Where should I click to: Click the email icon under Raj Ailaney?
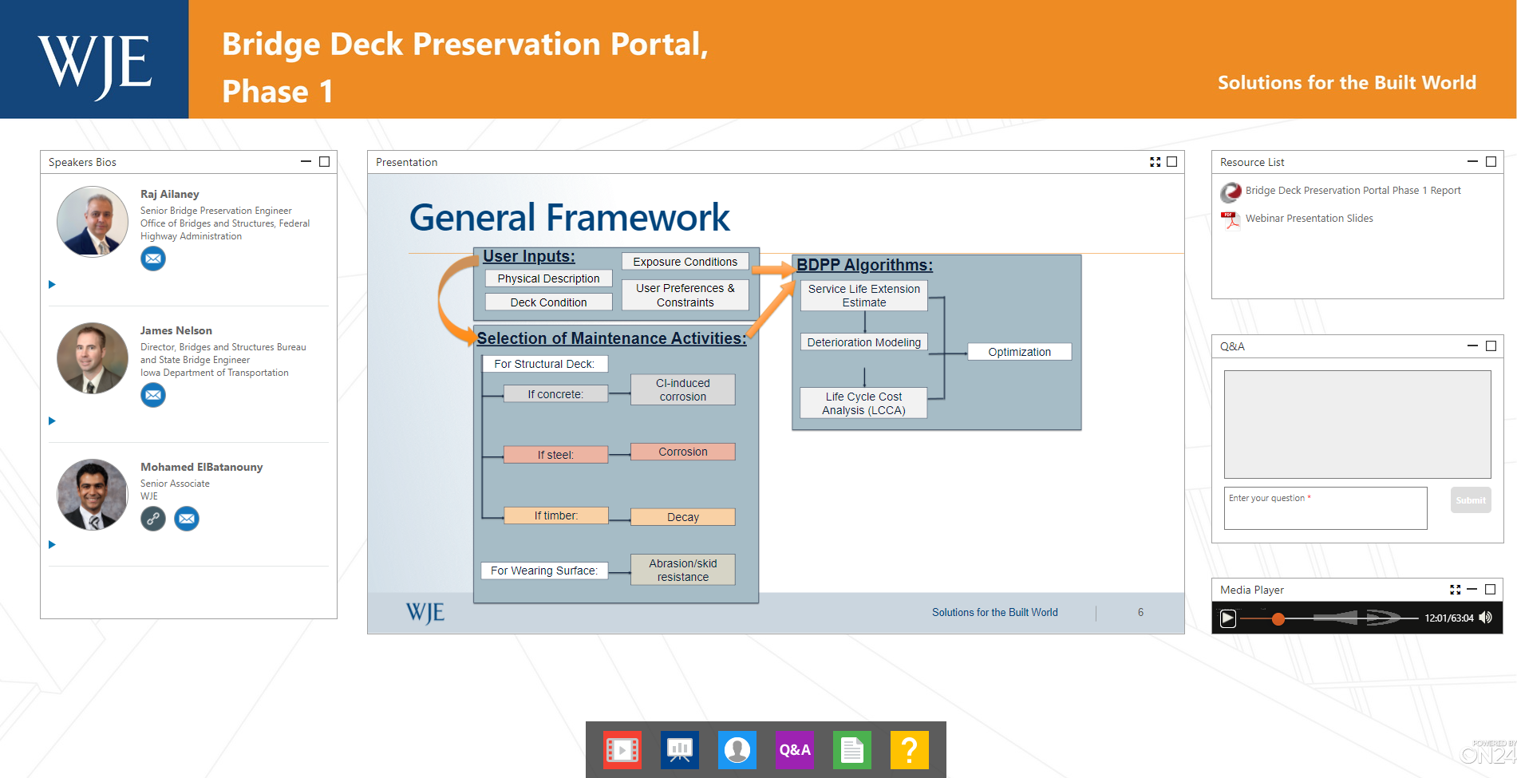coord(153,259)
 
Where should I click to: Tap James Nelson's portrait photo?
coord(93,358)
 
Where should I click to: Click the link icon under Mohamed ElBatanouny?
coord(153,519)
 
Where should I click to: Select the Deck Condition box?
coord(548,302)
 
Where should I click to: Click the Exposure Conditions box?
coord(685,262)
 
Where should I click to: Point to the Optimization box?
coord(1019,352)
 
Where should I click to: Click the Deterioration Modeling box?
coord(863,342)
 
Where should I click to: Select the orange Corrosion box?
coord(682,452)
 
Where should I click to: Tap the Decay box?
coord(682,517)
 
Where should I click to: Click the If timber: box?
coord(555,515)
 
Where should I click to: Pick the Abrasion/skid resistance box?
coord(682,570)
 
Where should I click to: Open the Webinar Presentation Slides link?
coord(1309,219)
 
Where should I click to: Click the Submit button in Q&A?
coord(1471,500)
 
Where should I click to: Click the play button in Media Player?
coord(1228,618)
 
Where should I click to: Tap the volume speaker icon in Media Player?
coord(1485,618)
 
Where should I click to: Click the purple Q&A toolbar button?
coord(795,750)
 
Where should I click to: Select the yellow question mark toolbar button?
coord(910,750)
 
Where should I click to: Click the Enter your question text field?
coord(1325,508)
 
